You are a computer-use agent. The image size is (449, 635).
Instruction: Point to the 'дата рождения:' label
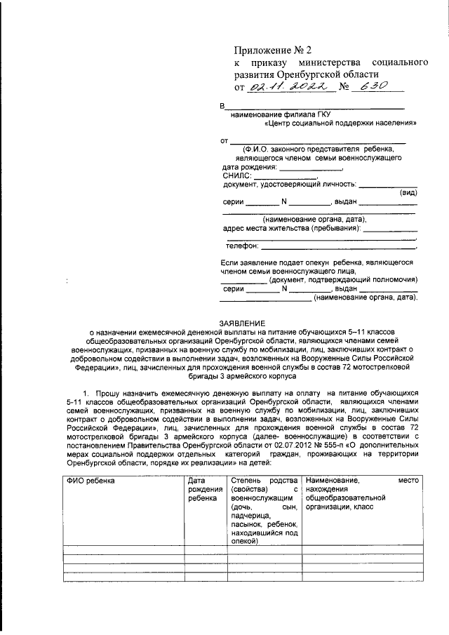[x=248, y=168]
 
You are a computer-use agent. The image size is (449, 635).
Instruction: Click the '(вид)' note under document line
[x=407, y=192]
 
